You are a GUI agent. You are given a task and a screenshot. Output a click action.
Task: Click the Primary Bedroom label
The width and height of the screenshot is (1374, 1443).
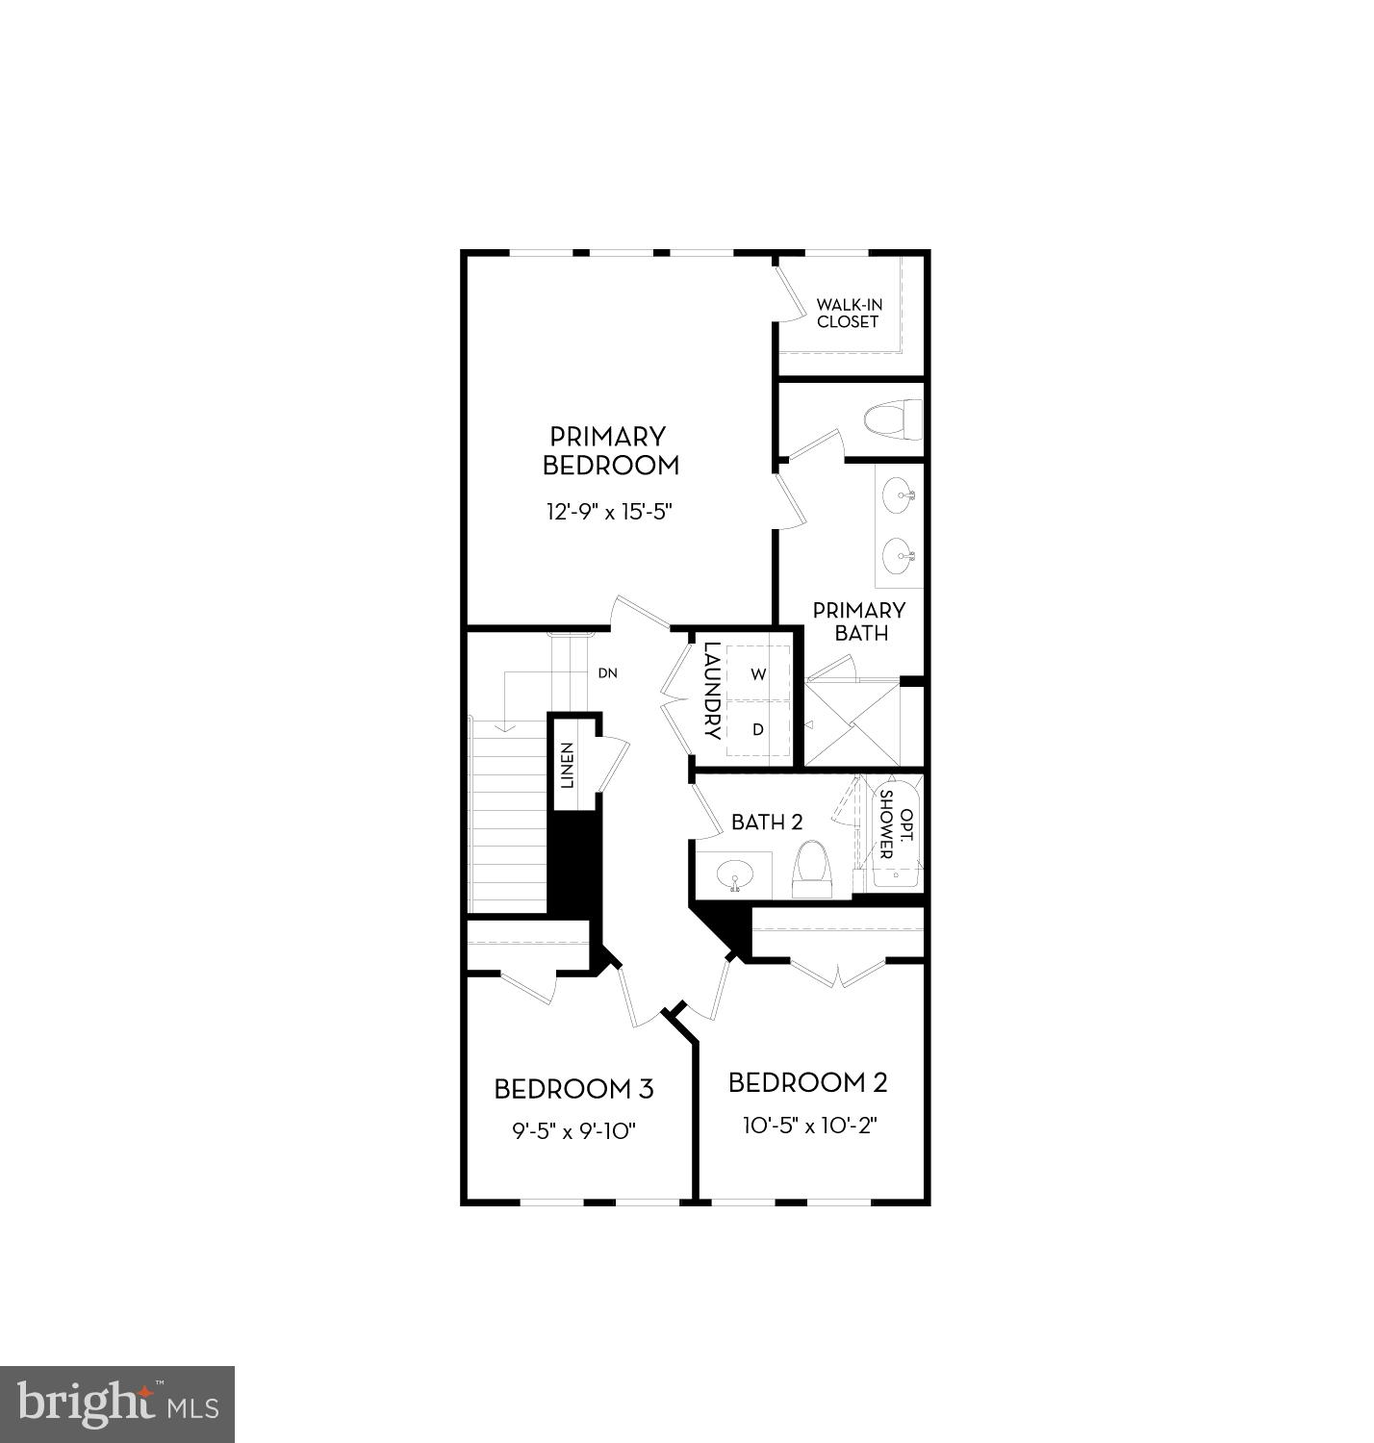click(610, 451)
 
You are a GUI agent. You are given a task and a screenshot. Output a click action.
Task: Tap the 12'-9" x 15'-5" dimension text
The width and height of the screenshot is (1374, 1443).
click(608, 511)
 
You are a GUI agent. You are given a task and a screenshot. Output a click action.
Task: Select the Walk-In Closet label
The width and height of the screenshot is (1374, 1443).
click(848, 314)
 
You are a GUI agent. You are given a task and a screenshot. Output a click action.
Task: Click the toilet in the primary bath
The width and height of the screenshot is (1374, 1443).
click(892, 420)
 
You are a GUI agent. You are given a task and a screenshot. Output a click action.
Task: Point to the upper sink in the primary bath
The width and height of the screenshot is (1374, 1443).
click(899, 496)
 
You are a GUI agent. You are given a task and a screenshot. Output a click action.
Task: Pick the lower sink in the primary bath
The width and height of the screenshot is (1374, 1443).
click(899, 555)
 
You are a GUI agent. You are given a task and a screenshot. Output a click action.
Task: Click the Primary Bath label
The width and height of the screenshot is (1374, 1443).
click(859, 621)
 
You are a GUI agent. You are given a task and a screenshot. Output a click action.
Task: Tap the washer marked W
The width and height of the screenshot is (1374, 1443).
click(758, 674)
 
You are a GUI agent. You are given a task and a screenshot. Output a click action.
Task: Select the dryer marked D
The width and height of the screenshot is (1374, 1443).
click(758, 729)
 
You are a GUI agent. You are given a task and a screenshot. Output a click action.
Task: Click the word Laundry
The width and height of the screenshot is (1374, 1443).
click(712, 690)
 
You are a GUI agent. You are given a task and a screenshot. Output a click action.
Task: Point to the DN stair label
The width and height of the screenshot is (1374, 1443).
click(607, 673)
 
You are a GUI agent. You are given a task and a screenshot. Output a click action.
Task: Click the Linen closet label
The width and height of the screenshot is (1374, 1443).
click(568, 766)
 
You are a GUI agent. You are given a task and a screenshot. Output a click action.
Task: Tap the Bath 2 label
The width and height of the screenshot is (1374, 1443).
click(767, 823)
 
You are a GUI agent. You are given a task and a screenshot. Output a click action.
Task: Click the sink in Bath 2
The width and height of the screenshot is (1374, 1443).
click(736, 876)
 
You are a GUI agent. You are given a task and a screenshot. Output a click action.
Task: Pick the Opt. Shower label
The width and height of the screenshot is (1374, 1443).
click(894, 824)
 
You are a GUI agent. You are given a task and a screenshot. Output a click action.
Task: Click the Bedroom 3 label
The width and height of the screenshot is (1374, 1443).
click(573, 1089)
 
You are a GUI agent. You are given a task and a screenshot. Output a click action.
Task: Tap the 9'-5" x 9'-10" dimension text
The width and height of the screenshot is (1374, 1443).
click(573, 1131)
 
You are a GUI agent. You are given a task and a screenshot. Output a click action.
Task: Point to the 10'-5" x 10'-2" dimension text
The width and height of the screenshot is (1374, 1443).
click(809, 1126)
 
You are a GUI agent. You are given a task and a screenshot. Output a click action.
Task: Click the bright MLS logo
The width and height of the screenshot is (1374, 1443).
click(117, 1405)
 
